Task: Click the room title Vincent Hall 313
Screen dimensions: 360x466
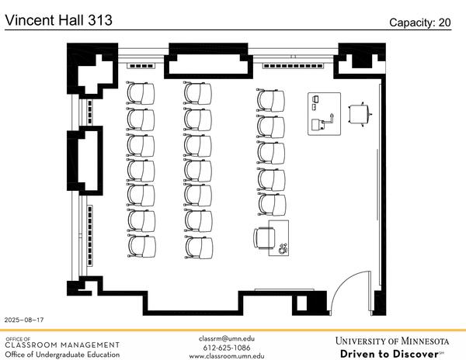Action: [58, 20]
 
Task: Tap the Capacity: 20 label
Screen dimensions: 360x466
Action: [419, 22]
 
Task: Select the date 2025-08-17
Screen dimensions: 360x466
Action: [24, 320]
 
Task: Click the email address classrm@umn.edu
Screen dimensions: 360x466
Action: [226, 338]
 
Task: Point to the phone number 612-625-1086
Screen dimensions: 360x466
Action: [226, 347]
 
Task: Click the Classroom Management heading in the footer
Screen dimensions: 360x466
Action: [62, 344]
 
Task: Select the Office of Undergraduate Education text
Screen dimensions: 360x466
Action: [62, 355]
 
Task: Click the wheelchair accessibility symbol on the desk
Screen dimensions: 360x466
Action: [282, 248]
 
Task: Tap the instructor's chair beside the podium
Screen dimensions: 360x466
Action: [360, 113]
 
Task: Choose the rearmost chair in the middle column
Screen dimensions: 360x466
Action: [198, 247]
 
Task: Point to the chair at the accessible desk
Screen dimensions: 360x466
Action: [263, 237]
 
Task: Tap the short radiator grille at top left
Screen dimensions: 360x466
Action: [141, 66]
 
